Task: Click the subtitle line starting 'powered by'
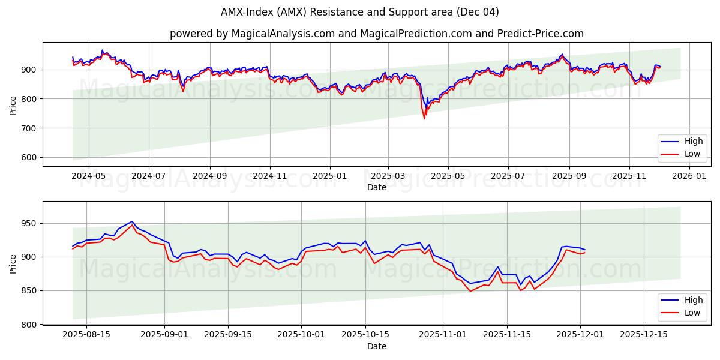(x=376, y=34)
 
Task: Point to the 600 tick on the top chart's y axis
(x=30, y=158)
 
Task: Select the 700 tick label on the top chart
(x=30, y=128)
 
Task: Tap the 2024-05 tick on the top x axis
(x=88, y=176)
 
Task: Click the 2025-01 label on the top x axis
(x=329, y=176)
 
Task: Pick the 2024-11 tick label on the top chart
(x=269, y=176)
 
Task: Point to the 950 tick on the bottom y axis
(x=30, y=224)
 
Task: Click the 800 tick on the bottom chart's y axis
(x=30, y=325)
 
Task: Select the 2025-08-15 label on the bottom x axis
(x=86, y=335)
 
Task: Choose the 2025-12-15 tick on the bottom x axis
(x=643, y=335)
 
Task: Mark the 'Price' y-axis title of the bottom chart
(x=13, y=263)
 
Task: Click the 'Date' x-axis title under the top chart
(x=376, y=188)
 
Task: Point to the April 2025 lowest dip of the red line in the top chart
(x=424, y=118)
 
